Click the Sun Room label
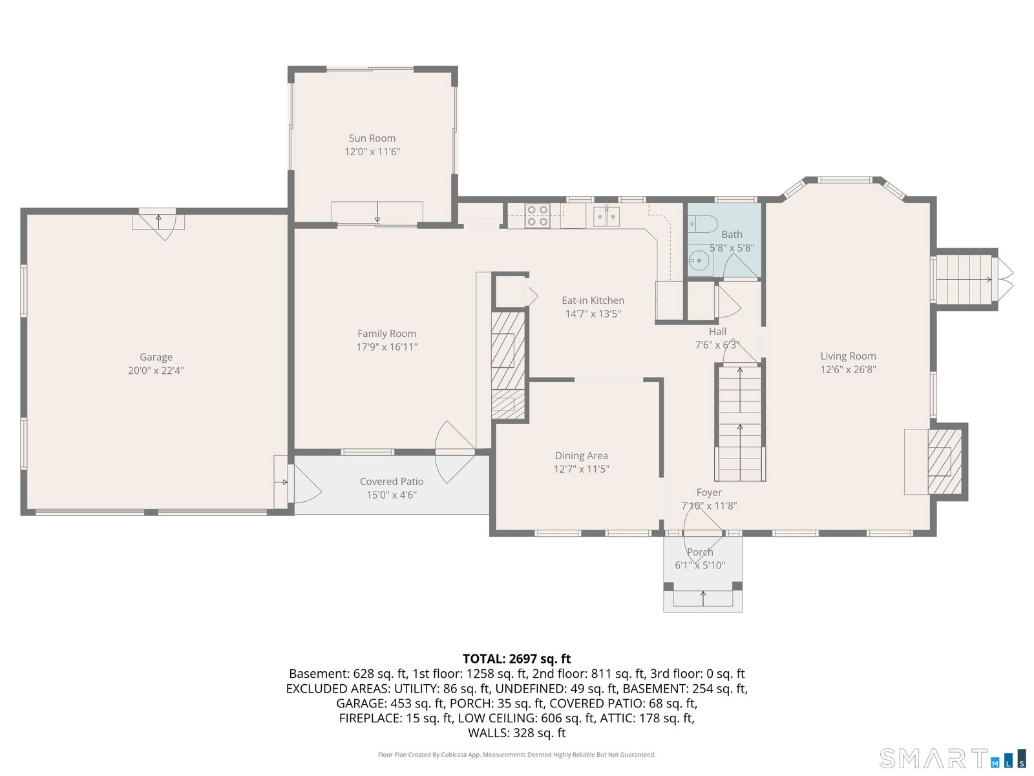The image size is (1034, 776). pyautogui.click(x=372, y=138)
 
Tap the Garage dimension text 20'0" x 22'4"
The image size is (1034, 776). pyautogui.click(x=156, y=371)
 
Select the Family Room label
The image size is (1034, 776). pyautogui.click(x=386, y=334)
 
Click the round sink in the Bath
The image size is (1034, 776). pyautogui.click(x=700, y=260)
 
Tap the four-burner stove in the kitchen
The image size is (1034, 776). pyautogui.click(x=538, y=216)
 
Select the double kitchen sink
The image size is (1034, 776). pyautogui.click(x=606, y=216)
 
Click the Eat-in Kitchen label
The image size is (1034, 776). pyautogui.click(x=593, y=300)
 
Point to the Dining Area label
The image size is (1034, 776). pyautogui.click(x=581, y=456)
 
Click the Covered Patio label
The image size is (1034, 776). pyautogui.click(x=392, y=482)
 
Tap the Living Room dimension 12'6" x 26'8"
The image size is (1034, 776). pyautogui.click(x=848, y=369)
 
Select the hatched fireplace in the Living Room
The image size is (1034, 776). pyautogui.click(x=945, y=462)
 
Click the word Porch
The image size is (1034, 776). pyautogui.click(x=700, y=552)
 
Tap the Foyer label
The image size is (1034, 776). pyautogui.click(x=709, y=492)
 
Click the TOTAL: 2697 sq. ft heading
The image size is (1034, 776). pyautogui.click(x=517, y=659)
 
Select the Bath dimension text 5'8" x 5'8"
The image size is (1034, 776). pyautogui.click(x=732, y=248)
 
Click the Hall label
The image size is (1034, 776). pyautogui.click(x=717, y=331)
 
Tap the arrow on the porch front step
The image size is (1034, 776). pyautogui.click(x=703, y=598)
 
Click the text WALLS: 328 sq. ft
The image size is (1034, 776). pyautogui.click(x=517, y=733)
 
